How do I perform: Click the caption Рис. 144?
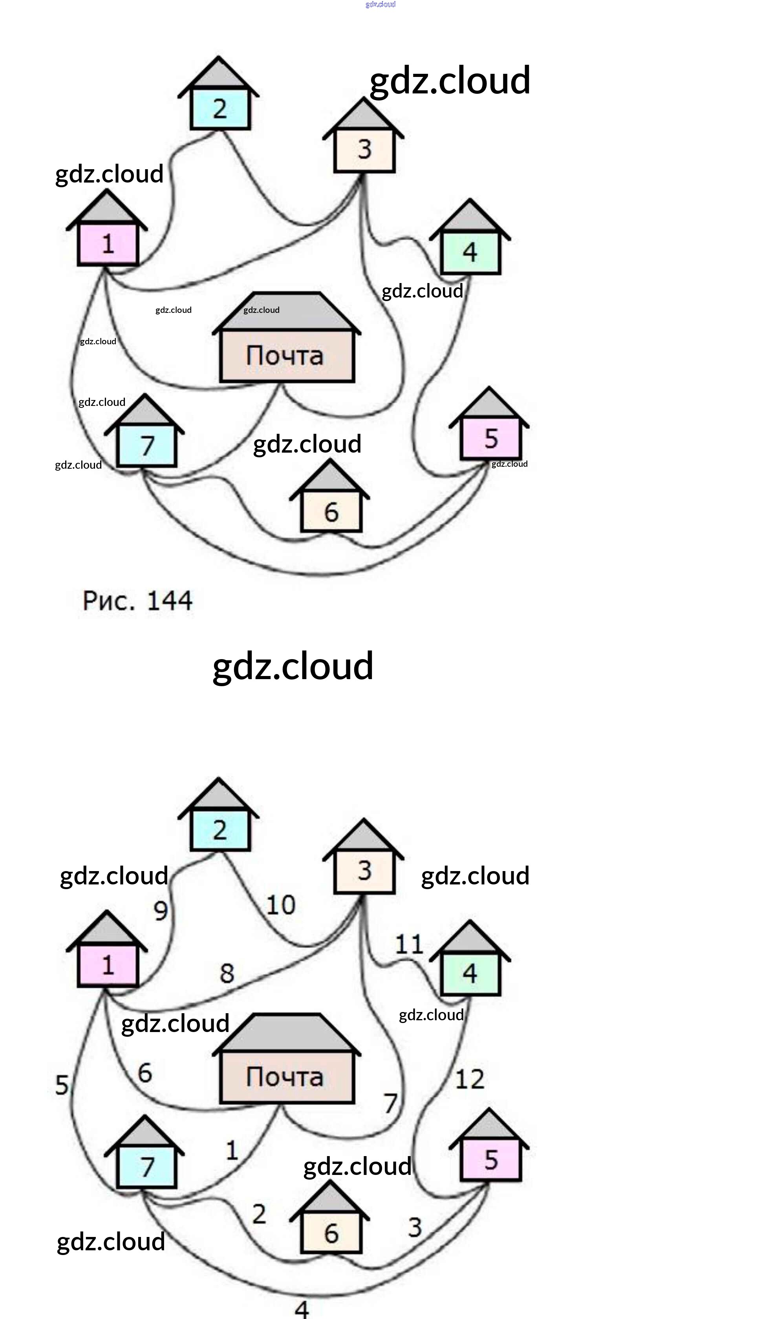click(x=137, y=601)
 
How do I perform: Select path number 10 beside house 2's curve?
click(x=281, y=905)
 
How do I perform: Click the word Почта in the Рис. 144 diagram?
click(x=285, y=356)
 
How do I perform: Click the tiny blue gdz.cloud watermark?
click(x=380, y=4)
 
